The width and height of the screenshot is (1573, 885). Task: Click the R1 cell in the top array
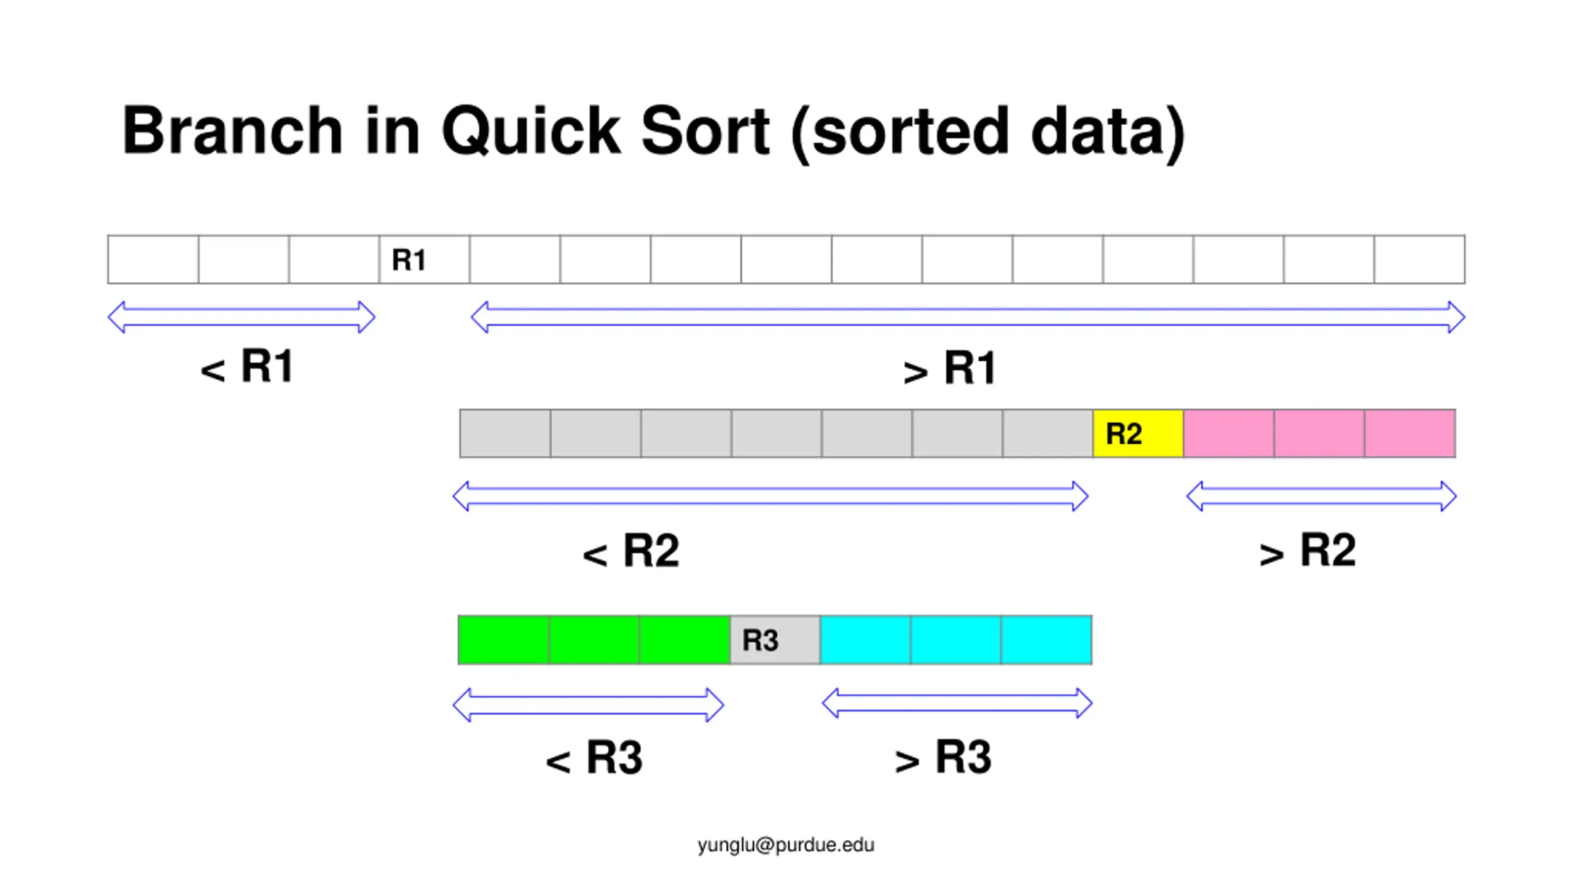(x=424, y=259)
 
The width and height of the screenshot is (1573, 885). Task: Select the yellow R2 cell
(x=1138, y=434)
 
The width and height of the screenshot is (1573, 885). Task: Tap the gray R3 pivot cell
(x=775, y=640)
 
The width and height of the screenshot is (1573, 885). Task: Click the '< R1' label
(x=247, y=367)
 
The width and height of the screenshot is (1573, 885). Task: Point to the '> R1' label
(x=949, y=369)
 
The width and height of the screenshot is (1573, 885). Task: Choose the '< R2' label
(x=631, y=551)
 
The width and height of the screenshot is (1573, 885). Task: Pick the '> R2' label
(x=1308, y=551)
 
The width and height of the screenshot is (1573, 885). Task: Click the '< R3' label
(x=594, y=758)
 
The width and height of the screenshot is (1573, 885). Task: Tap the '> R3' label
(x=943, y=758)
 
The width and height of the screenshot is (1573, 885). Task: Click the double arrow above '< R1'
(x=241, y=317)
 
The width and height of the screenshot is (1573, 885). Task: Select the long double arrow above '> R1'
(x=968, y=317)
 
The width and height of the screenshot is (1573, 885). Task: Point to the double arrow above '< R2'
(x=771, y=497)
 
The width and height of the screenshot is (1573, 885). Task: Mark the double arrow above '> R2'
(x=1321, y=497)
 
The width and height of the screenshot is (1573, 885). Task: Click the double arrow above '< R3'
(x=588, y=705)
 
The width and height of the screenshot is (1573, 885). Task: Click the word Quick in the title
(x=531, y=131)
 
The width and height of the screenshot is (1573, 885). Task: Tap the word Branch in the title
(x=232, y=131)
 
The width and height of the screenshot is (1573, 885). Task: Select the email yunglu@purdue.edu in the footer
(x=786, y=845)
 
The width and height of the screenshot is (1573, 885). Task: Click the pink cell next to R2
(x=1229, y=434)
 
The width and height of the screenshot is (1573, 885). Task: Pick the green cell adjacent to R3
(x=685, y=640)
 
